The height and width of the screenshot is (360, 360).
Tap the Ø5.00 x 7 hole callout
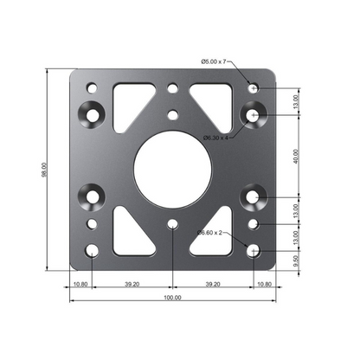click(212, 61)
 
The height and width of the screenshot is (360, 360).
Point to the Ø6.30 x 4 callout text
click(216, 137)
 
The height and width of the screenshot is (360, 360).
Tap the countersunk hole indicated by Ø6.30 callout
click(253, 114)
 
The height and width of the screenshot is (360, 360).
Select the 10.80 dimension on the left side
click(80, 282)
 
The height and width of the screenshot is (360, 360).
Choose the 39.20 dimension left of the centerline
click(132, 282)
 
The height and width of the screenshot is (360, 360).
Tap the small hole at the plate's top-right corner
click(252, 88)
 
